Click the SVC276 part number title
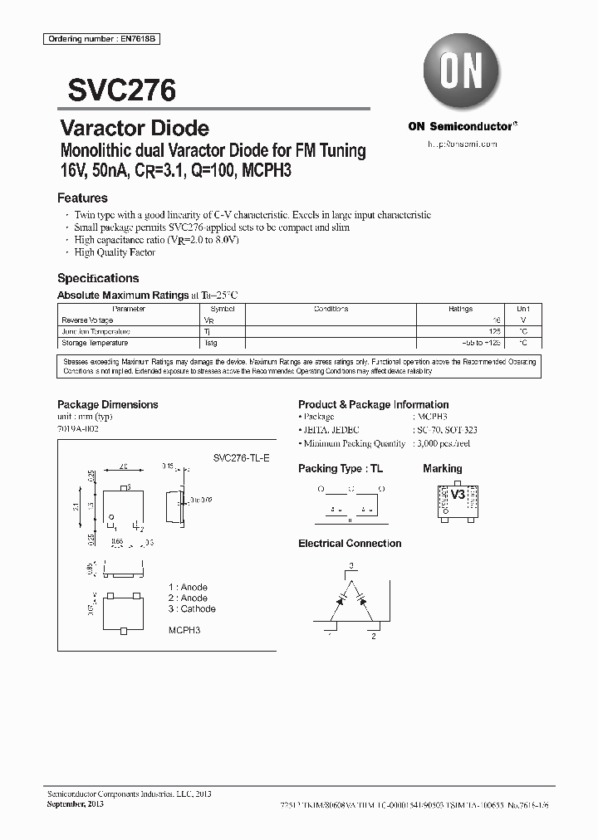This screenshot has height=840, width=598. (x=115, y=90)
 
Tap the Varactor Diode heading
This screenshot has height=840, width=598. (x=135, y=129)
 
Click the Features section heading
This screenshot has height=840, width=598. (x=82, y=198)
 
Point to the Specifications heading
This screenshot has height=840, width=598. (x=98, y=278)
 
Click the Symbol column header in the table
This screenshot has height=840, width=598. (x=223, y=309)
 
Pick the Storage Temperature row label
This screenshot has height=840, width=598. (x=95, y=342)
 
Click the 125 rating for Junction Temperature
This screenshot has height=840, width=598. (x=494, y=330)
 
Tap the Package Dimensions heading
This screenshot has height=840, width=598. (x=107, y=404)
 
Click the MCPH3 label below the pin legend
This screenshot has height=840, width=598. (x=184, y=630)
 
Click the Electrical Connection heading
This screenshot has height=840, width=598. (x=350, y=544)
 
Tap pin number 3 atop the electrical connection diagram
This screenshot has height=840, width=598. (x=350, y=565)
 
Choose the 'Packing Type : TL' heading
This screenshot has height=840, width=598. (x=341, y=469)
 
